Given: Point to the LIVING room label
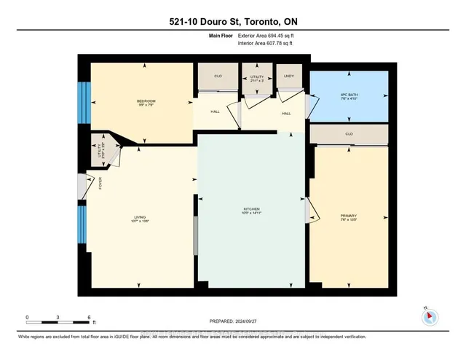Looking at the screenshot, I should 140,216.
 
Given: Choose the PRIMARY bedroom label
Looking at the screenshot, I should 346,216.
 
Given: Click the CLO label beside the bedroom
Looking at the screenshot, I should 217,75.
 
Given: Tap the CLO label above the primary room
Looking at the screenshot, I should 347,134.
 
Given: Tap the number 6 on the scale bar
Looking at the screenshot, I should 88,318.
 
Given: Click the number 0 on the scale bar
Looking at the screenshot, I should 27,318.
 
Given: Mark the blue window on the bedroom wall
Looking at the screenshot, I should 84,101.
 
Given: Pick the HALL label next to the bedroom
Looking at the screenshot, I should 215,112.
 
